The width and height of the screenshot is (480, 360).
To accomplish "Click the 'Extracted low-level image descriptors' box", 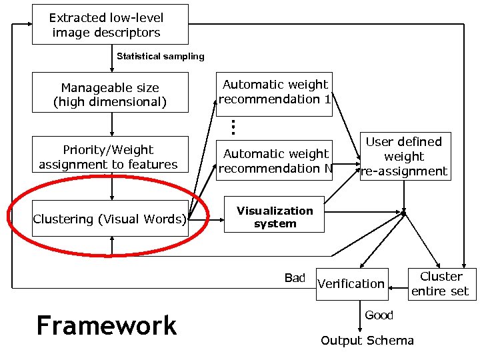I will coord(110,25).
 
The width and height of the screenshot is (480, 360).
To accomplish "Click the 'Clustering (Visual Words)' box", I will coord(110,219).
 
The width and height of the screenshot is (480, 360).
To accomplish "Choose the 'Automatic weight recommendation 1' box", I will coord(275,92).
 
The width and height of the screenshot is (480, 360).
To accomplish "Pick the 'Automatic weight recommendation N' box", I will coord(275,161).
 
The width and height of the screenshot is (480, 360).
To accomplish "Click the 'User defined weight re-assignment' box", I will coord(404,157).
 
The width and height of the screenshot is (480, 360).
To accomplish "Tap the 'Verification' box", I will coord(351,284).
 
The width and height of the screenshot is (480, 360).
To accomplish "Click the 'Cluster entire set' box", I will coord(440,284).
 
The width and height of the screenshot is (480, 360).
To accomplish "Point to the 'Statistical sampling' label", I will coord(160,57).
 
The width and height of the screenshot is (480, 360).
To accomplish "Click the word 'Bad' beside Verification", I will coord(294,278).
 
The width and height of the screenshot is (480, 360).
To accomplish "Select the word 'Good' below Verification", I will coord(379,315).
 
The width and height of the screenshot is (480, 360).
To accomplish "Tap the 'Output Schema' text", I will coord(367,341).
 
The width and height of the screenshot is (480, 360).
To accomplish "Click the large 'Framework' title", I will coord(107,326).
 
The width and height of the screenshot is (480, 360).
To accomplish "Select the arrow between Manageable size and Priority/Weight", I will coord(112,124).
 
